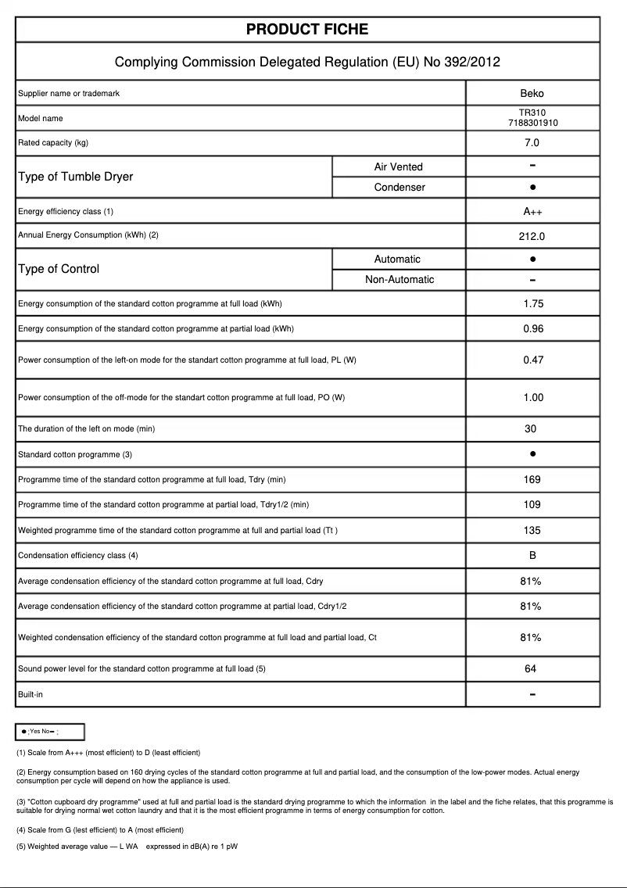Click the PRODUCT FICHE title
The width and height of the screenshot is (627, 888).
pos(307,30)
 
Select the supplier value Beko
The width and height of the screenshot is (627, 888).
pos(532,94)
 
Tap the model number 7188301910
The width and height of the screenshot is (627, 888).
pos(532,124)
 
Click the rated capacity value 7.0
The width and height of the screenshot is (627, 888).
pos(532,143)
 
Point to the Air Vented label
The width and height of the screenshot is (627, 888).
pos(398,166)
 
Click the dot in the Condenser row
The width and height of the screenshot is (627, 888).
pos(532,188)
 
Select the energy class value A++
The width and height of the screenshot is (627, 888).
pos(532,212)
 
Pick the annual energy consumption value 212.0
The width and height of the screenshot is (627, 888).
pos(532,236)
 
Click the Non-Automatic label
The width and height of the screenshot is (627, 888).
pos(399,280)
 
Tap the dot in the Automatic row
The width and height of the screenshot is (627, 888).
pos(532,259)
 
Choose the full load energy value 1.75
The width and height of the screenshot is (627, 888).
pos(532,304)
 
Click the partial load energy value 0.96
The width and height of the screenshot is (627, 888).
pos(532,329)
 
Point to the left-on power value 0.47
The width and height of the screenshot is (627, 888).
pos(532,360)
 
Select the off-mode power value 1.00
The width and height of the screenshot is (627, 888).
pos(532,398)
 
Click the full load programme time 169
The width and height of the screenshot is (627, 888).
pos(532,480)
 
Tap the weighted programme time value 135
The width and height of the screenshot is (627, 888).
pos(532,531)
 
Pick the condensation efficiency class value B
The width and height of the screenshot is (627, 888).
pos(532,556)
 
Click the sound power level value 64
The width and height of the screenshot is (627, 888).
pos(532,669)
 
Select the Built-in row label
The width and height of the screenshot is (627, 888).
pos(32,694)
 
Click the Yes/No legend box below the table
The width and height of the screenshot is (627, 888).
pos(50,732)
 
